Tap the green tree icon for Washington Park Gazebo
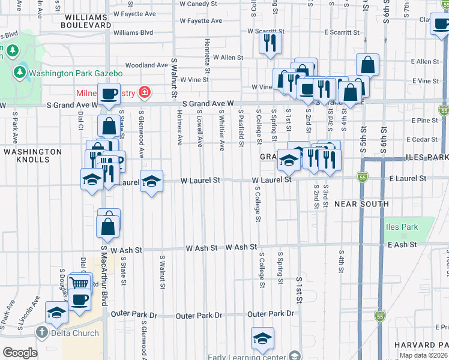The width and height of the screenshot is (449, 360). [x=20, y=73]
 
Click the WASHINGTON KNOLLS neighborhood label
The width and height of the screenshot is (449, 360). [x=32, y=156]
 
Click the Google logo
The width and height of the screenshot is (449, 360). [x=20, y=353]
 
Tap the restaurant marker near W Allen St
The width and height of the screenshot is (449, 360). [x=270, y=43]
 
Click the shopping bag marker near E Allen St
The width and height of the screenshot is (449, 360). [x=367, y=65]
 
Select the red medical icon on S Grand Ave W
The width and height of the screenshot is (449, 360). [x=144, y=93]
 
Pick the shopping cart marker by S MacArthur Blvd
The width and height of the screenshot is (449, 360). [x=80, y=283]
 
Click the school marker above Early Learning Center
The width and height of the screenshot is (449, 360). [x=262, y=339]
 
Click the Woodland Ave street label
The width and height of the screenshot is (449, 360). [x=146, y=65]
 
